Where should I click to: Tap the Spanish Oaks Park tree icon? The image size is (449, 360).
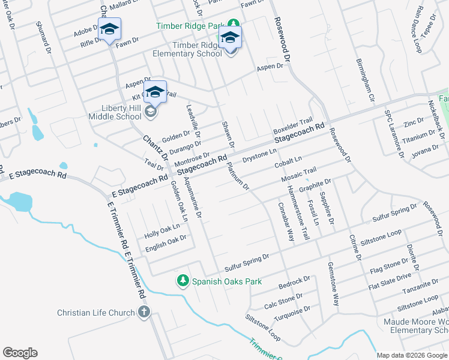pyautogui.click(x=182, y=280)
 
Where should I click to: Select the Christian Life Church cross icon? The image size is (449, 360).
pyautogui.click(x=143, y=312)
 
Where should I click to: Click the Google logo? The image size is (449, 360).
pyautogui.click(x=20, y=353)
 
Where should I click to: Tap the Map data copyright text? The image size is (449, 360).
pyautogui.click(x=412, y=355)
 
